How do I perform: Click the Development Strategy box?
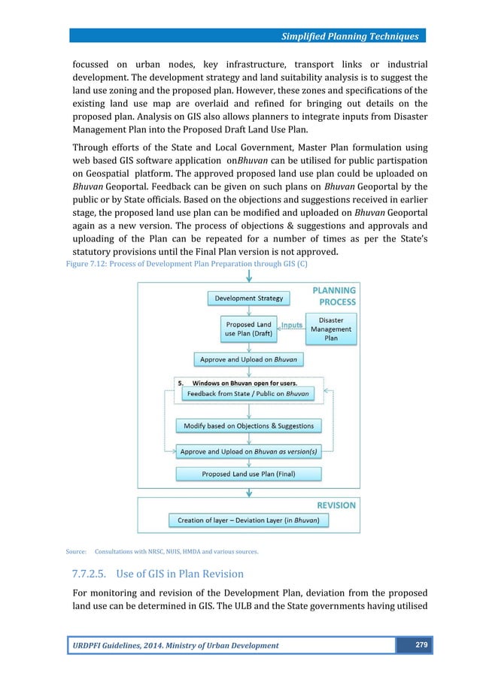(x=249, y=299)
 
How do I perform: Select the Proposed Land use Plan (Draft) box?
(x=249, y=329)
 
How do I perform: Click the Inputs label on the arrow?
(x=291, y=326)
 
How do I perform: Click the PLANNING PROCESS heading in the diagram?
(x=334, y=296)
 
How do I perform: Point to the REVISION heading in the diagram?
(x=336, y=505)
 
